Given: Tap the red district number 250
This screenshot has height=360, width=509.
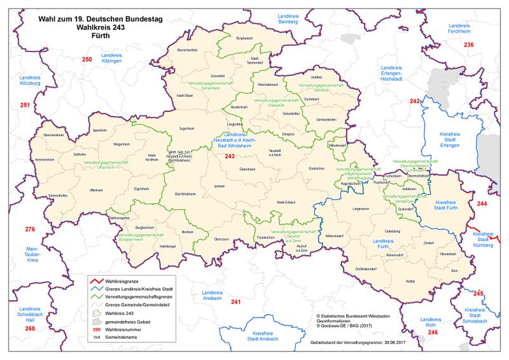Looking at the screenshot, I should pos(87,60).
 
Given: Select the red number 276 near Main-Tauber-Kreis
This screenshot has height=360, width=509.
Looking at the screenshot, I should pos(30,229).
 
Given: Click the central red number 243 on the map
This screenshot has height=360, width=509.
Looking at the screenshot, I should pos(230,156).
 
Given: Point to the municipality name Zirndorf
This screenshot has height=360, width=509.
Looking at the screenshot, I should pos(429,242).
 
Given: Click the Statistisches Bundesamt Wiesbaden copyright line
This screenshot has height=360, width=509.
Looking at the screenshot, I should pos(363,315).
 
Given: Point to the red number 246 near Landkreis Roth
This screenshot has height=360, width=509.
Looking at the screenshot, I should pos(433,333).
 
